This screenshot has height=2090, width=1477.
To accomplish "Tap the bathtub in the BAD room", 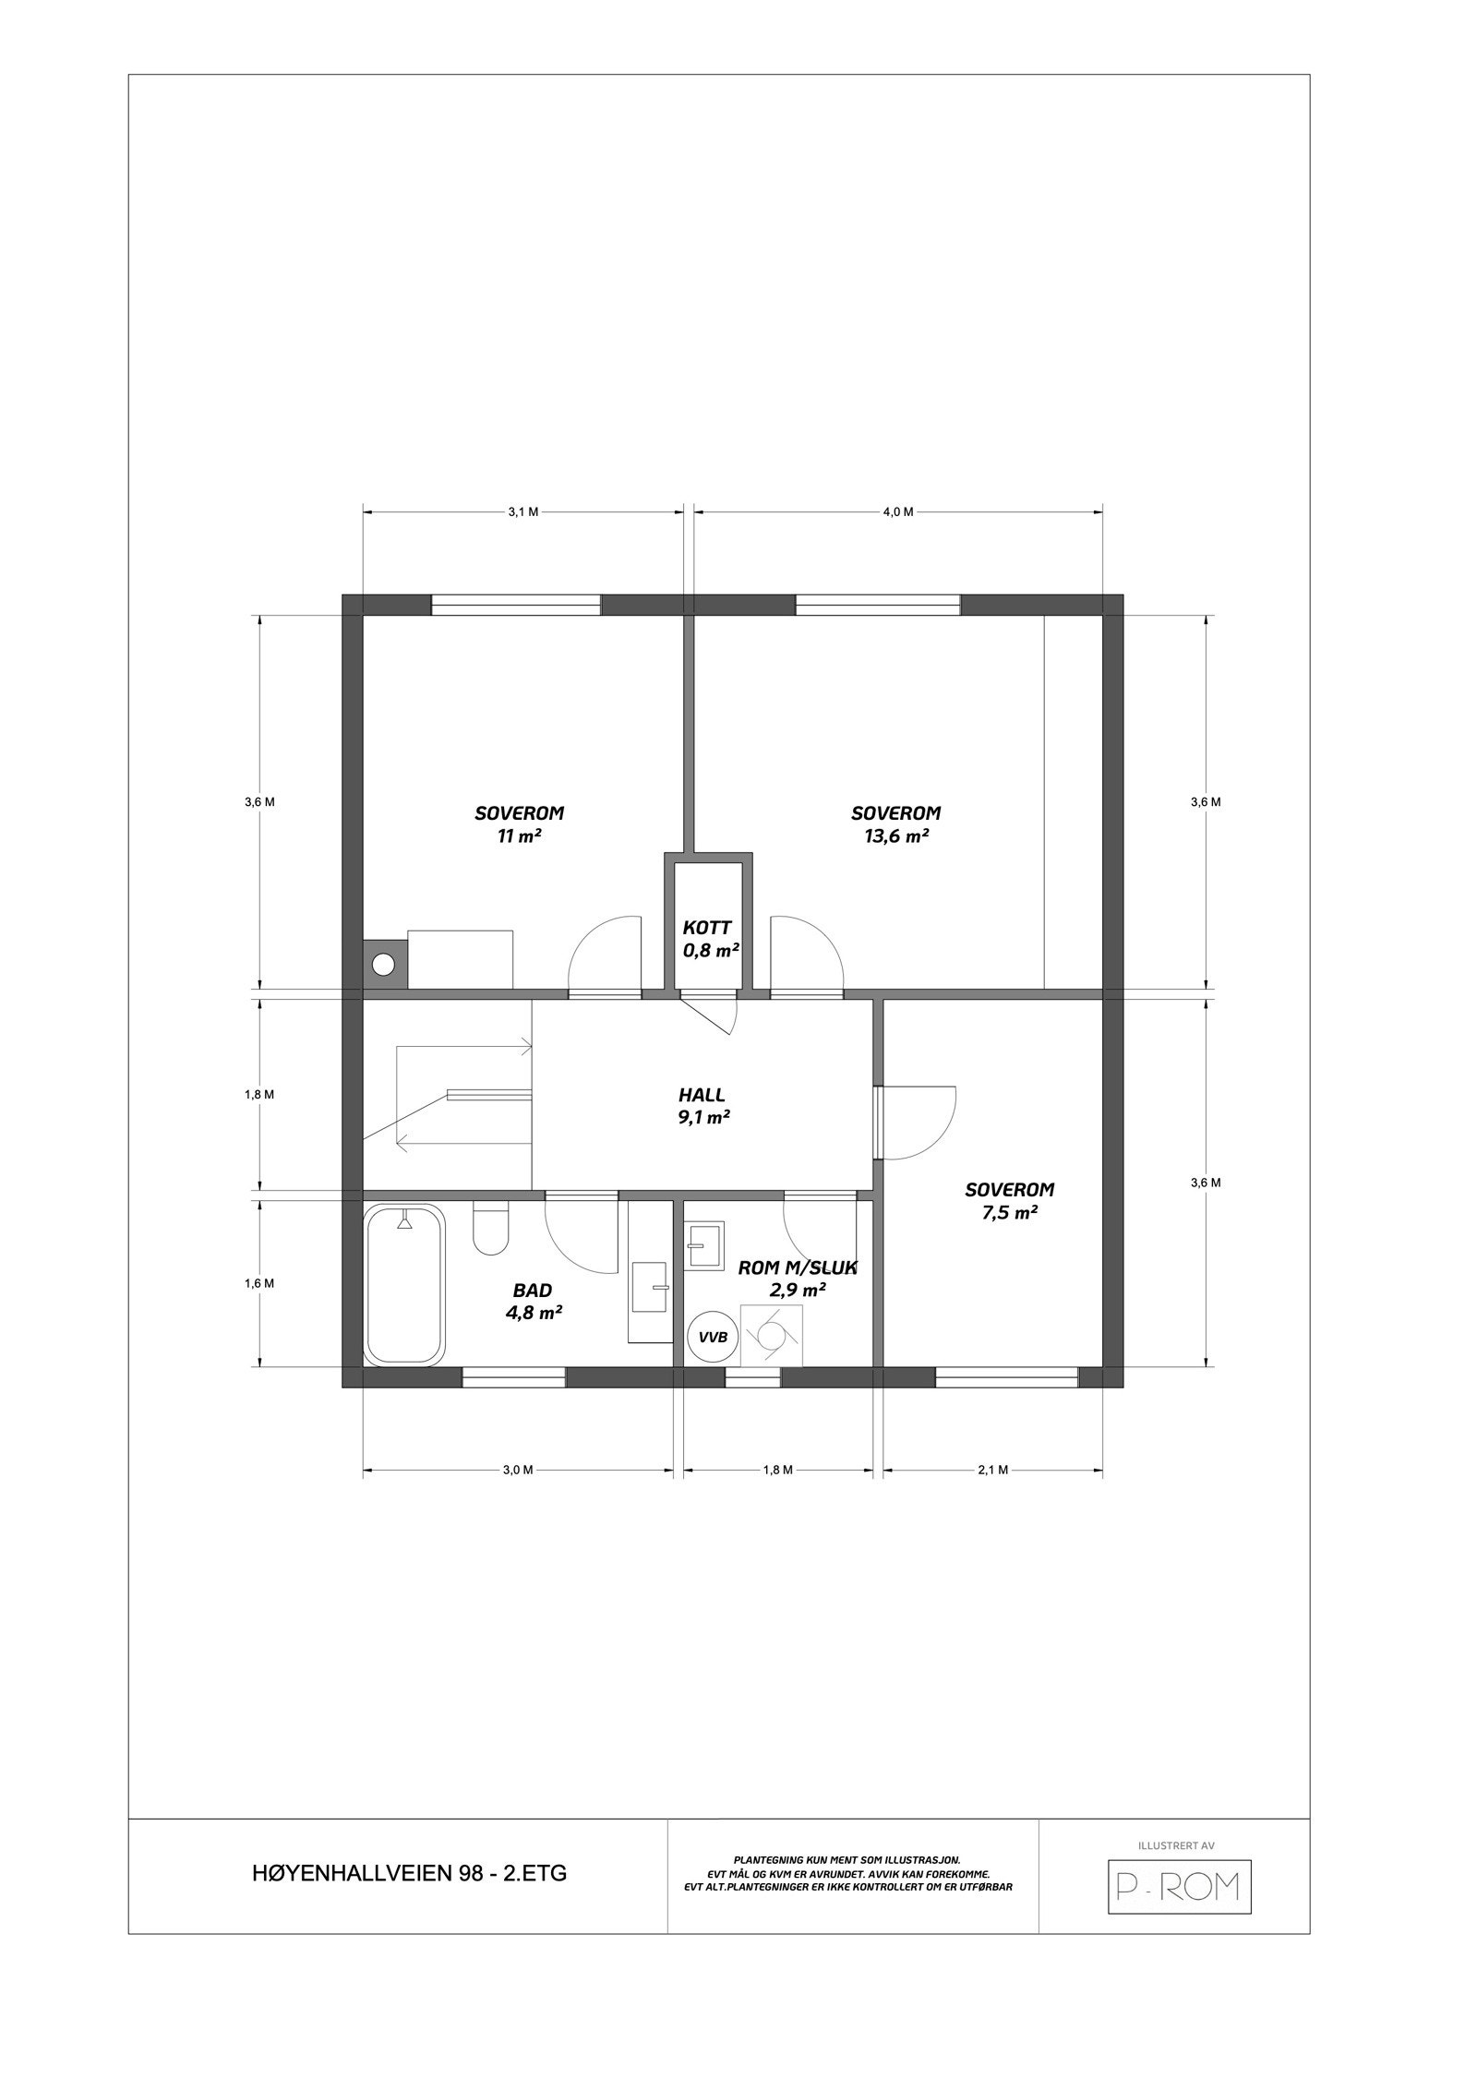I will pos(404,1284).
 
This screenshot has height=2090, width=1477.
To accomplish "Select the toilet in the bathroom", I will pos(491,1227).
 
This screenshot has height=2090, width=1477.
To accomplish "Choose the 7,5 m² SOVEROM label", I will pos(1009,1201).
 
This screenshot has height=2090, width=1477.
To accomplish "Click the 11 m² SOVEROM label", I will pos(519,824).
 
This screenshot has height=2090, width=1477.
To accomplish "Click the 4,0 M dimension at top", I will pos(897,512).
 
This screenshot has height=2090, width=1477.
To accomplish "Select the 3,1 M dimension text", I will pos(523,512).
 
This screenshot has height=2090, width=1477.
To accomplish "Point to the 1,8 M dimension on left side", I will pos(259,1095).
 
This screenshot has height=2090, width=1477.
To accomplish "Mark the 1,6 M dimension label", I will pos(259,1283).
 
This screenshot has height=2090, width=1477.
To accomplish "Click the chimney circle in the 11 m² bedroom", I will pos(384,966).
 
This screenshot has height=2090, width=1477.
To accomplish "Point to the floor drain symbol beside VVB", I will pos(772,1335).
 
